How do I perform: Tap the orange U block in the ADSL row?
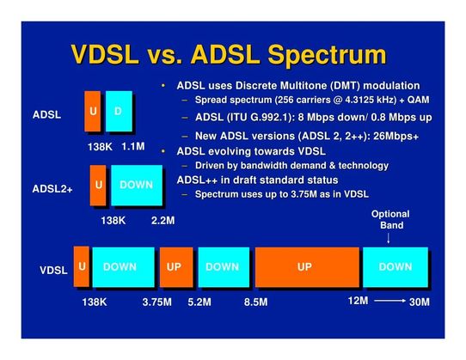(x=92, y=112)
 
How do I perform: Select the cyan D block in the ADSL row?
(x=119, y=112)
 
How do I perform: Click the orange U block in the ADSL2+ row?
(x=99, y=185)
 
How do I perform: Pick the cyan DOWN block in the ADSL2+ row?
(x=136, y=185)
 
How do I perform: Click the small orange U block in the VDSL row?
(x=82, y=266)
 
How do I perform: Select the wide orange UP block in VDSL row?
(x=304, y=267)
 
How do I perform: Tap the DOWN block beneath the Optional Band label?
(x=395, y=267)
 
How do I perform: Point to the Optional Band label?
(x=389, y=220)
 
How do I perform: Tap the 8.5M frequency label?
(x=255, y=302)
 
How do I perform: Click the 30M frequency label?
(x=420, y=302)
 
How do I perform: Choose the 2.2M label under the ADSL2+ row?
(x=162, y=221)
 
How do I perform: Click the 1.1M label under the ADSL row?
(x=133, y=147)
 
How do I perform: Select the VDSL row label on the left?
(x=53, y=271)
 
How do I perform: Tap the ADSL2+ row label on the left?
(x=52, y=188)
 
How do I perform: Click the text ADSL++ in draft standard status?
(x=256, y=180)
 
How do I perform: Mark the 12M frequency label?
(x=358, y=301)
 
